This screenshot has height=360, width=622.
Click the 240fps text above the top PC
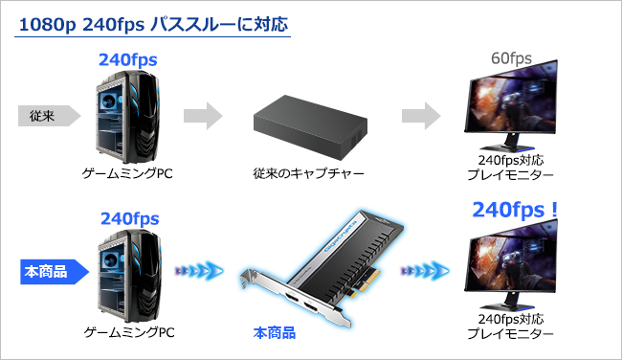pyautogui.click(x=128, y=60)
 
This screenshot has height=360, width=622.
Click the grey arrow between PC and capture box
pyautogui.click(x=202, y=117)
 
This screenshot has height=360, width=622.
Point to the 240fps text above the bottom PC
pyautogui.click(x=128, y=219)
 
